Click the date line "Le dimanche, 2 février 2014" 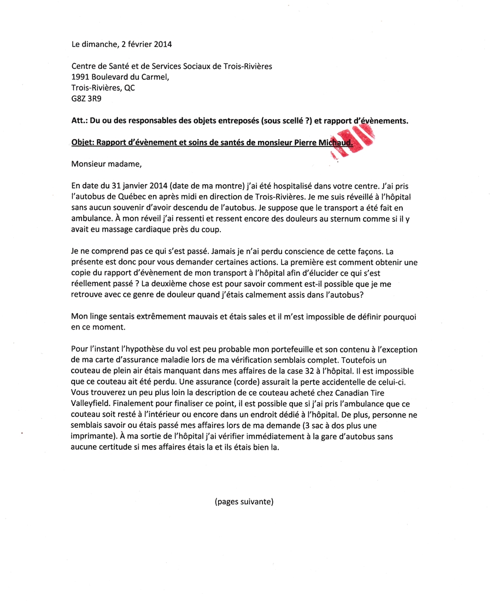point(121,44)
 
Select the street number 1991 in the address point(80,77)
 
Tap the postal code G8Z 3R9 point(86,99)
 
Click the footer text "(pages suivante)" point(244,501)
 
